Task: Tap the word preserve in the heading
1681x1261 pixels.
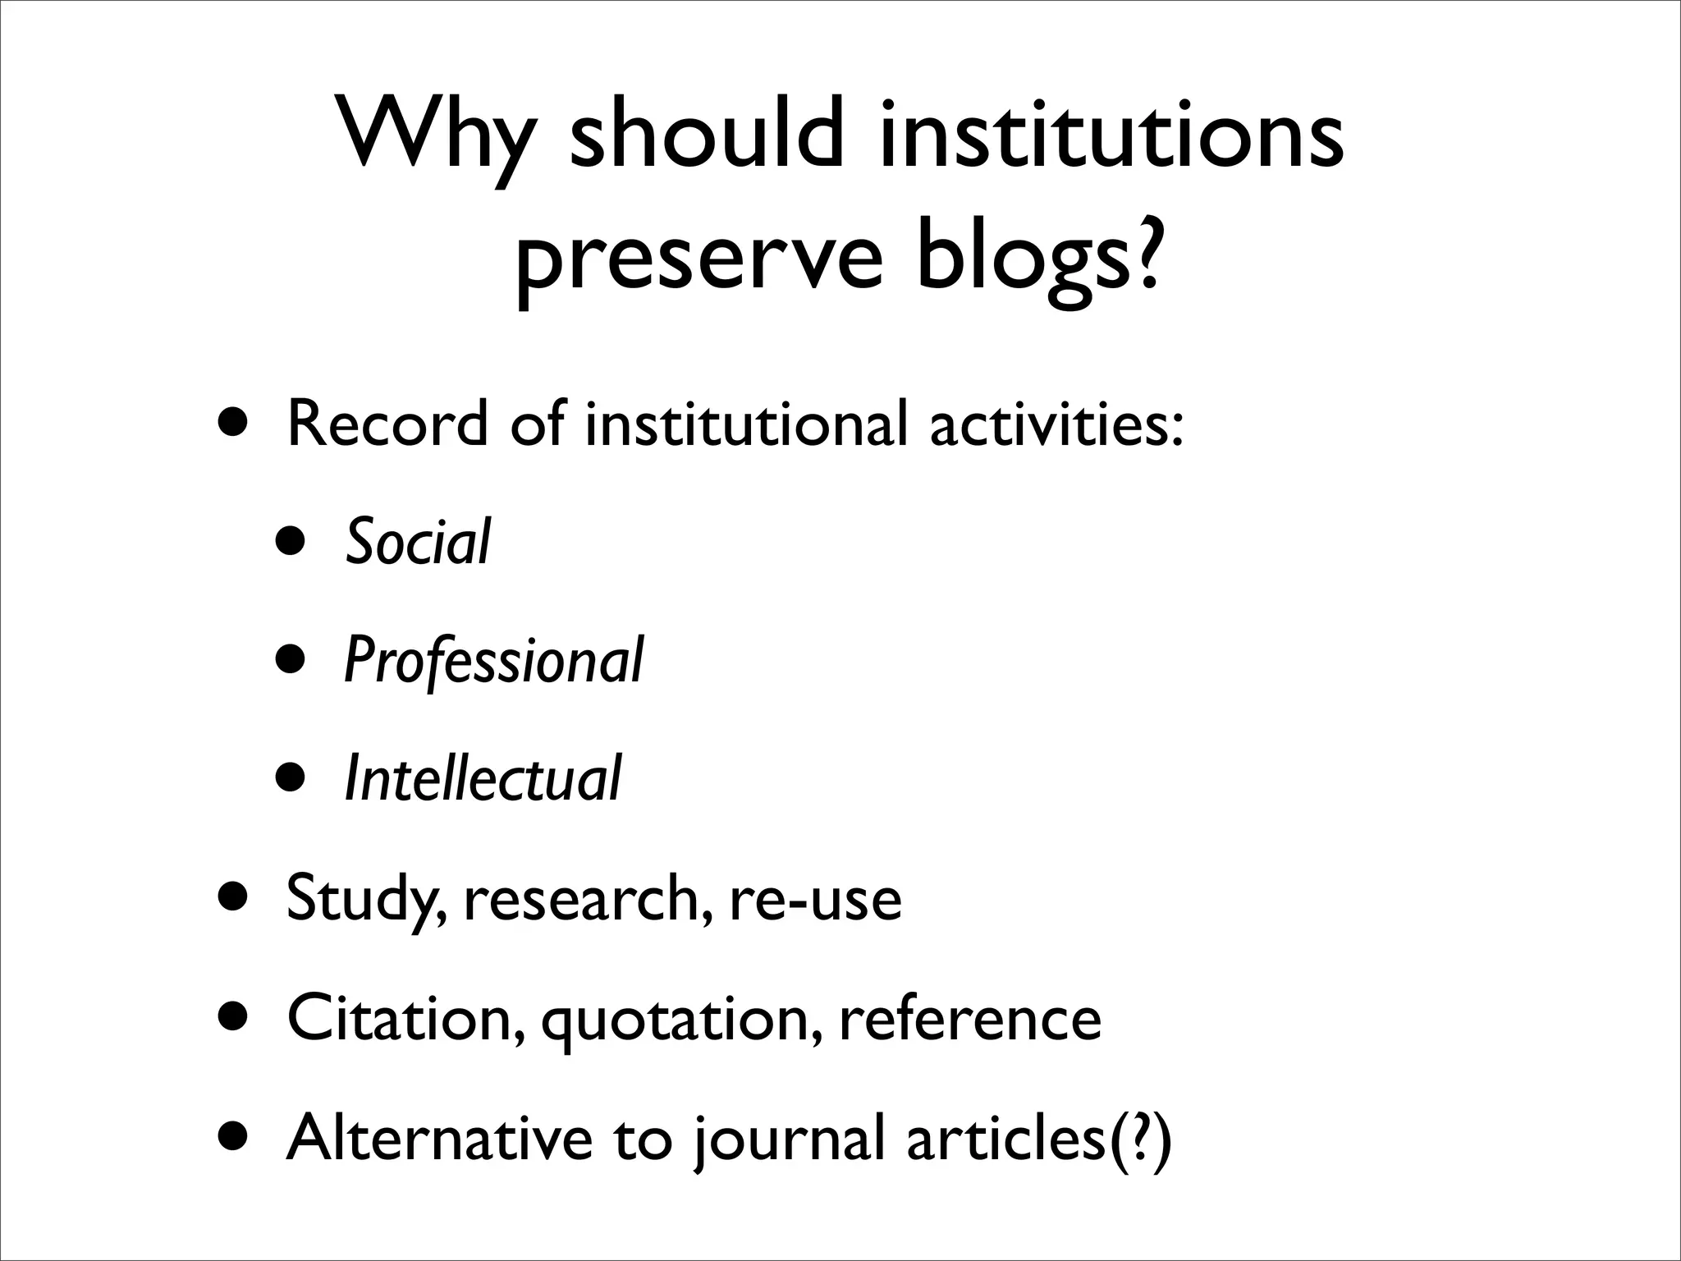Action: (x=699, y=256)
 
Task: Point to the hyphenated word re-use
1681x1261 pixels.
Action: (x=814, y=898)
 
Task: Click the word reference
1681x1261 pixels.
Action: (x=970, y=1018)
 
